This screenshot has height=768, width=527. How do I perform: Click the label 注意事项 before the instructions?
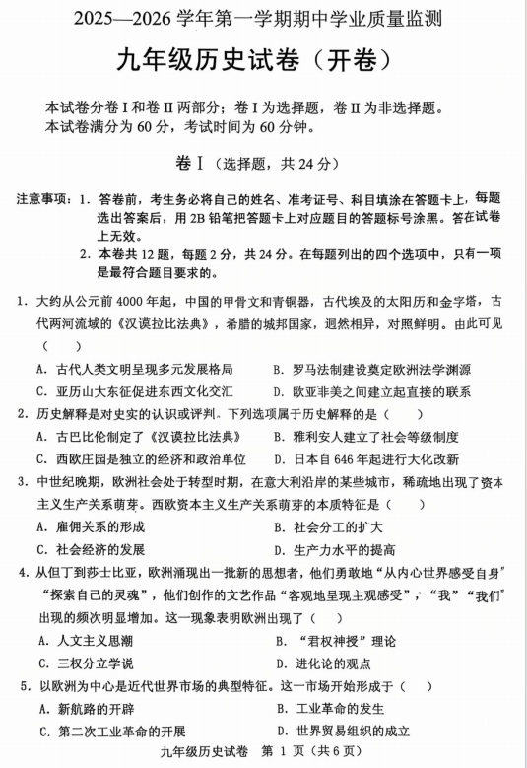click(x=42, y=199)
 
